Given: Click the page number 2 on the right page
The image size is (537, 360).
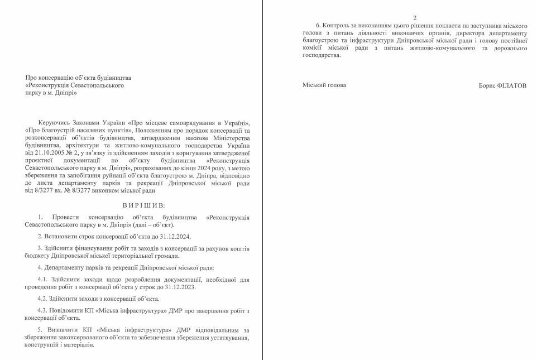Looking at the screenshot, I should (414, 18).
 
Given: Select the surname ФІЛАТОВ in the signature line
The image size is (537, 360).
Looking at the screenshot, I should (511, 85).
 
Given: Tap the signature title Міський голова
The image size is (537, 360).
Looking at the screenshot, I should (324, 85).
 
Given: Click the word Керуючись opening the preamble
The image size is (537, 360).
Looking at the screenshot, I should (53, 122).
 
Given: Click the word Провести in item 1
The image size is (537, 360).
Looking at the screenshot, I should (66, 217).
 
